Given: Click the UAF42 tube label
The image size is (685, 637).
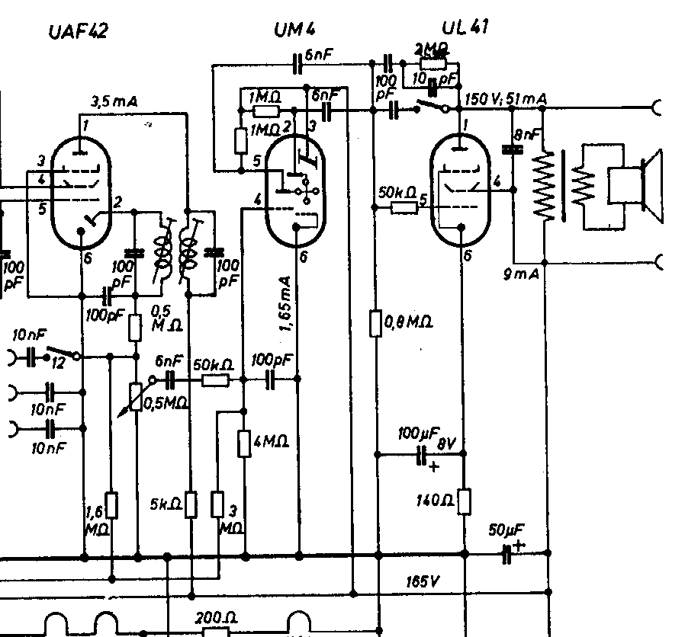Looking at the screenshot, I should pos(77,32).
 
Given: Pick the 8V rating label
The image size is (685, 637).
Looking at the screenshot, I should pos(447,441).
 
